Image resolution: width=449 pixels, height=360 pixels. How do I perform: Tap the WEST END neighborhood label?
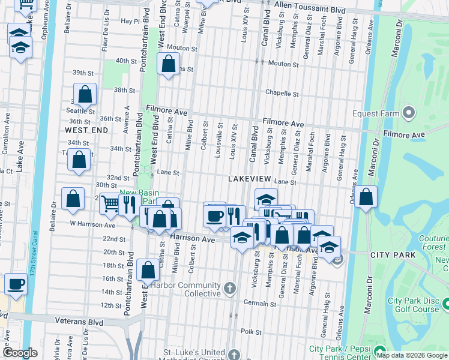click(x=86, y=130)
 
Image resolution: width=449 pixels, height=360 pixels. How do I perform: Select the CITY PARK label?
click(x=393, y=255)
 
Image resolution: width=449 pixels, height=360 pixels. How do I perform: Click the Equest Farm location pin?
click(x=409, y=112)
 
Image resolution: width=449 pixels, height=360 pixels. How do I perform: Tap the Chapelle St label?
click(x=282, y=94)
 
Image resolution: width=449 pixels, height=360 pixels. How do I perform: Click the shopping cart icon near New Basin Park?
click(x=110, y=204)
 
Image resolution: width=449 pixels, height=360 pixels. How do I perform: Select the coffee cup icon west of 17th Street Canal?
click(x=16, y=284)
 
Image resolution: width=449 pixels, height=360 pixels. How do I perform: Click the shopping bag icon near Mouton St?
click(x=169, y=63)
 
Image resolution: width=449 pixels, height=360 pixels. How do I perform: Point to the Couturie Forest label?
click(x=432, y=241)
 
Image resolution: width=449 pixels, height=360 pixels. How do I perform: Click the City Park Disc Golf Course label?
click(x=413, y=305)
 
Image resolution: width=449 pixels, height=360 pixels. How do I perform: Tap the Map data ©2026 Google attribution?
click(x=412, y=355)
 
